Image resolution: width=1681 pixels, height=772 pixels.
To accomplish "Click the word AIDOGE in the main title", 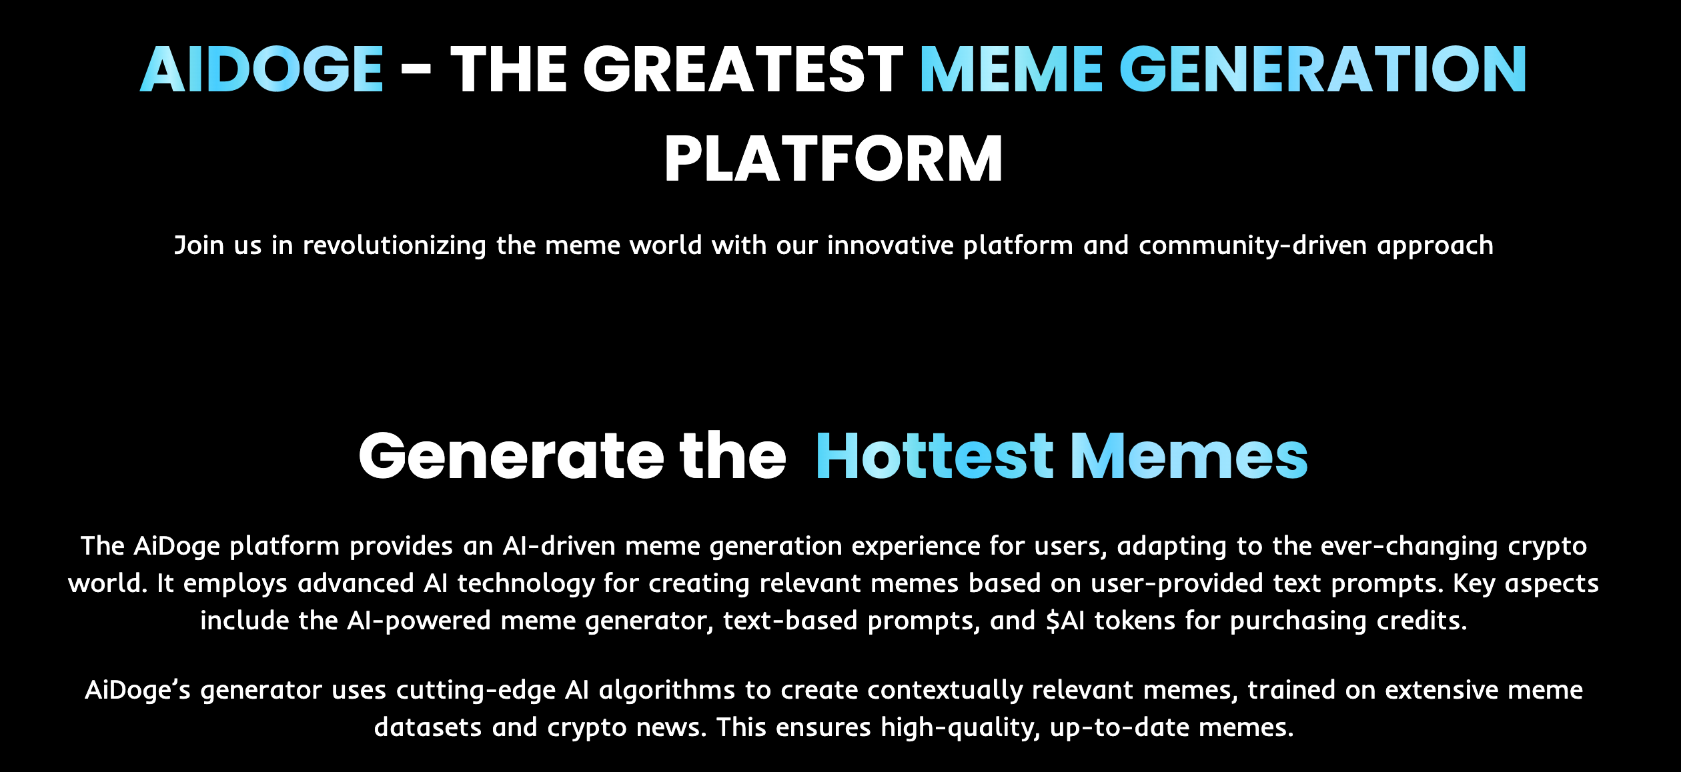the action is (x=261, y=69).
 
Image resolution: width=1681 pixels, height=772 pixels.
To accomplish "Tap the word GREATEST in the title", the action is (x=743, y=69).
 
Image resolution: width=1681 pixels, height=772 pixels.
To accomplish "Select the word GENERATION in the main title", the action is (x=1323, y=69).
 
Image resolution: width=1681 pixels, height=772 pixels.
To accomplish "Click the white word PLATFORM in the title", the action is (x=834, y=159).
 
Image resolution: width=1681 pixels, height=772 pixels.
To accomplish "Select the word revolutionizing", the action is (x=394, y=246).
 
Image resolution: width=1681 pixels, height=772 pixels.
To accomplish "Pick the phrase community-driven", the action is (x=1253, y=246).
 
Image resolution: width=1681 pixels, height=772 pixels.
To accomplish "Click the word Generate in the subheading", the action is (x=512, y=457).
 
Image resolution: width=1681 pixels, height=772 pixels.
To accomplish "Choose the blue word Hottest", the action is (x=935, y=457).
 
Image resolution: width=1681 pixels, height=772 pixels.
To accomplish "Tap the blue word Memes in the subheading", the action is (x=1189, y=457).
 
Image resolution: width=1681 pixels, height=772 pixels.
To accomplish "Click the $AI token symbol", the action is (x=1065, y=621).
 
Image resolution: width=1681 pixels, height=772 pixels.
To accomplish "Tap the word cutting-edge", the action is (x=476, y=691).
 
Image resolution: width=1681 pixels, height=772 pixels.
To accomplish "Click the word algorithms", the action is (x=667, y=691).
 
